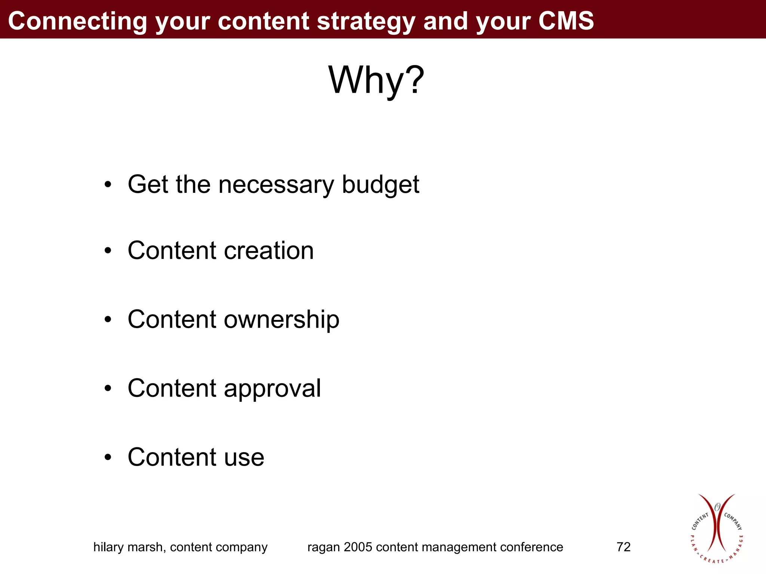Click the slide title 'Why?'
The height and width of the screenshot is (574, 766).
tap(376, 80)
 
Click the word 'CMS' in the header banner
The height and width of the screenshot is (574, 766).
tap(566, 21)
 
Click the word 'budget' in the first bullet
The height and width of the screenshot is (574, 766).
tap(380, 185)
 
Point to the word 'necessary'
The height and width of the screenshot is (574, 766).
tap(276, 185)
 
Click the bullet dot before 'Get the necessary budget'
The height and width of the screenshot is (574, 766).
tap(108, 185)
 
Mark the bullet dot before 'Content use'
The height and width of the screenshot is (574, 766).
tap(108, 457)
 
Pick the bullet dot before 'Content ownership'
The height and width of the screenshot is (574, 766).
tap(108, 320)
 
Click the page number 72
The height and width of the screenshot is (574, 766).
tap(623, 547)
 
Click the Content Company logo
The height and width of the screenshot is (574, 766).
tap(716, 528)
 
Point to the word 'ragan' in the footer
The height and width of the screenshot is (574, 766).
tap(324, 547)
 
